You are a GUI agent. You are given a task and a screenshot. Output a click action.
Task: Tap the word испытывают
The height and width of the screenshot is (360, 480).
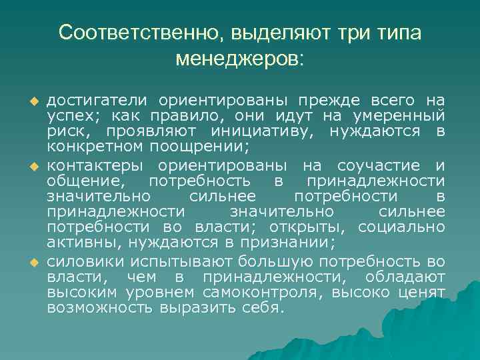(174, 259)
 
